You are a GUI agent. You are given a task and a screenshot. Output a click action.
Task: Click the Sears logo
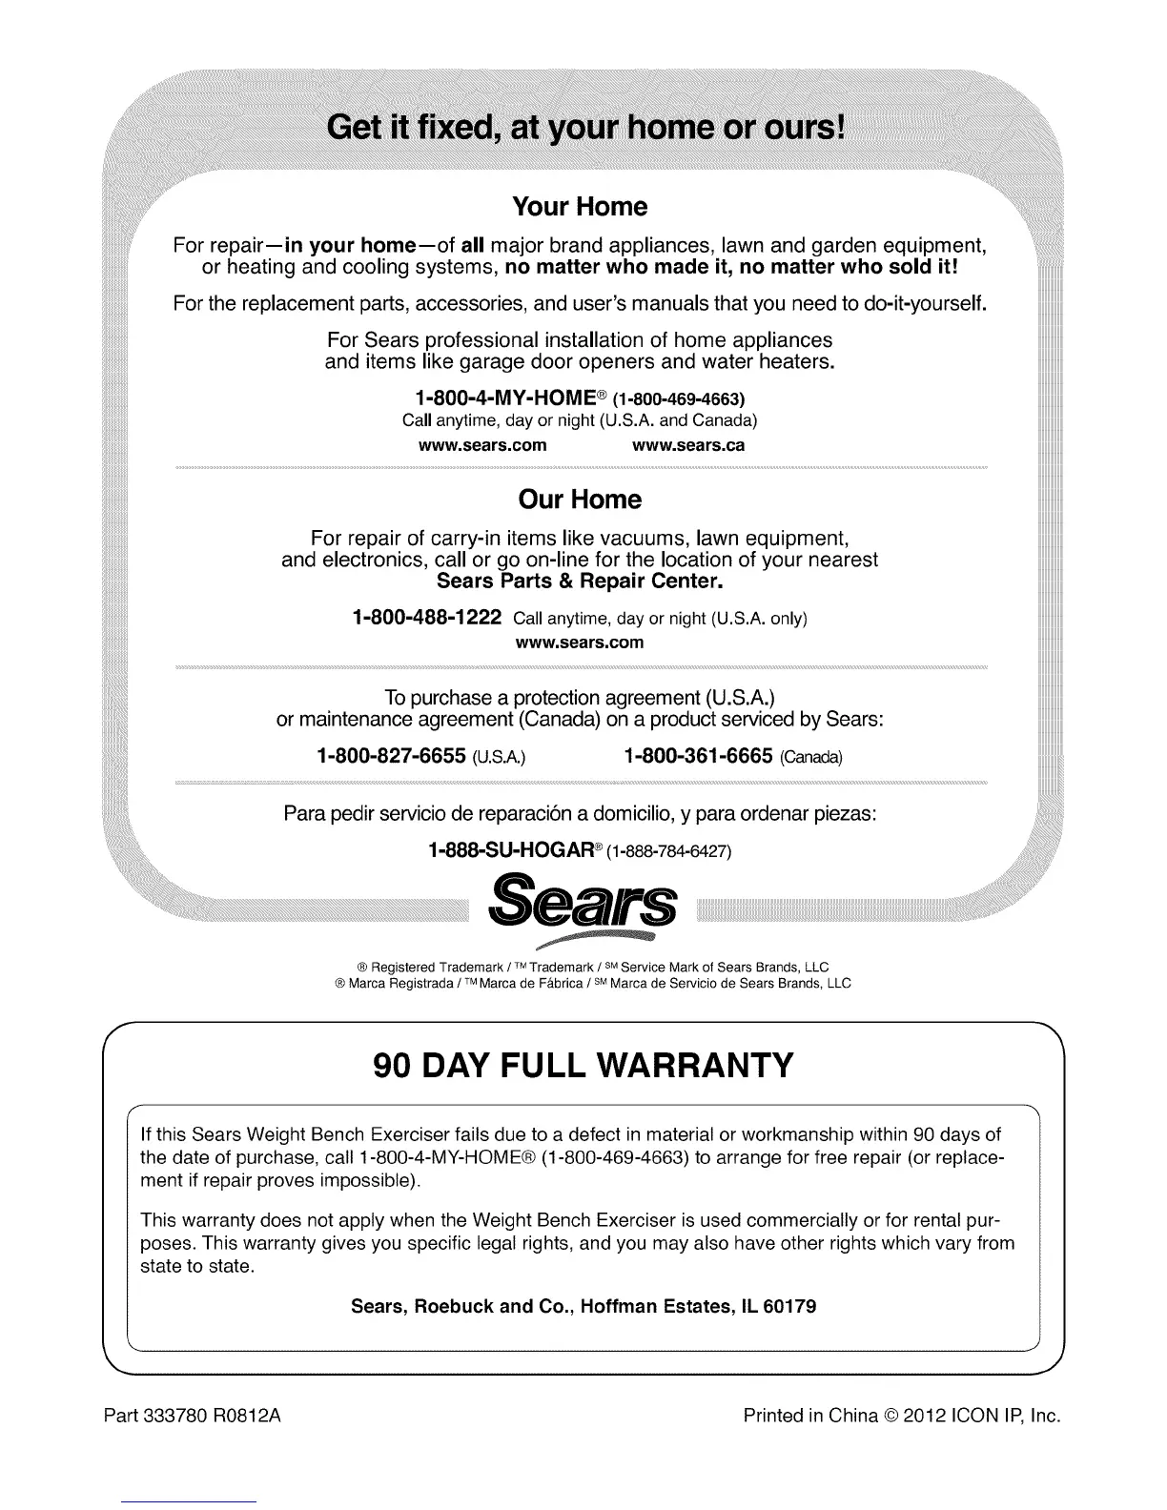[582, 907]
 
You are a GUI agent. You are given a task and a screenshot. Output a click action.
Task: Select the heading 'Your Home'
[580, 207]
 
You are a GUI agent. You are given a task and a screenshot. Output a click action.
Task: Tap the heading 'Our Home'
[580, 500]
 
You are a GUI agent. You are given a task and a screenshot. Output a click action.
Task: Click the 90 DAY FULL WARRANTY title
[583, 1065]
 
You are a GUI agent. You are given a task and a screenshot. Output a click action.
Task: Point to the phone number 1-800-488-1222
[426, 618]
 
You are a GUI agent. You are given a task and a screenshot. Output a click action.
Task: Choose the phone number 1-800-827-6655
[391, 757]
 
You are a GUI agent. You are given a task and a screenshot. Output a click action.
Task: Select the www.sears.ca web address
[688, 445]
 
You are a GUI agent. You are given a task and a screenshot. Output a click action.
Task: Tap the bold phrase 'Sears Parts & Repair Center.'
[580, 581]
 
